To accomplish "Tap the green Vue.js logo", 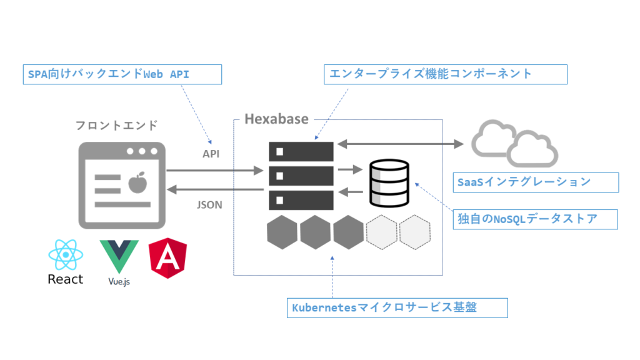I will point(119,257).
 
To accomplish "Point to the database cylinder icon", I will point(389,182).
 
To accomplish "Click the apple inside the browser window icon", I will point(136,182).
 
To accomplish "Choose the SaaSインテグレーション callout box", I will point(537,182).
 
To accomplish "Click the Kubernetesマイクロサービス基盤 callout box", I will point(397,308).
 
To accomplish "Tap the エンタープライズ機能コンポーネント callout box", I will point(446,74).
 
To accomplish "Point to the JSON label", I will point(209,204).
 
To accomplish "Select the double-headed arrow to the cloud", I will point(400,144).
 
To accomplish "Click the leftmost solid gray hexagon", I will point(282,232).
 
